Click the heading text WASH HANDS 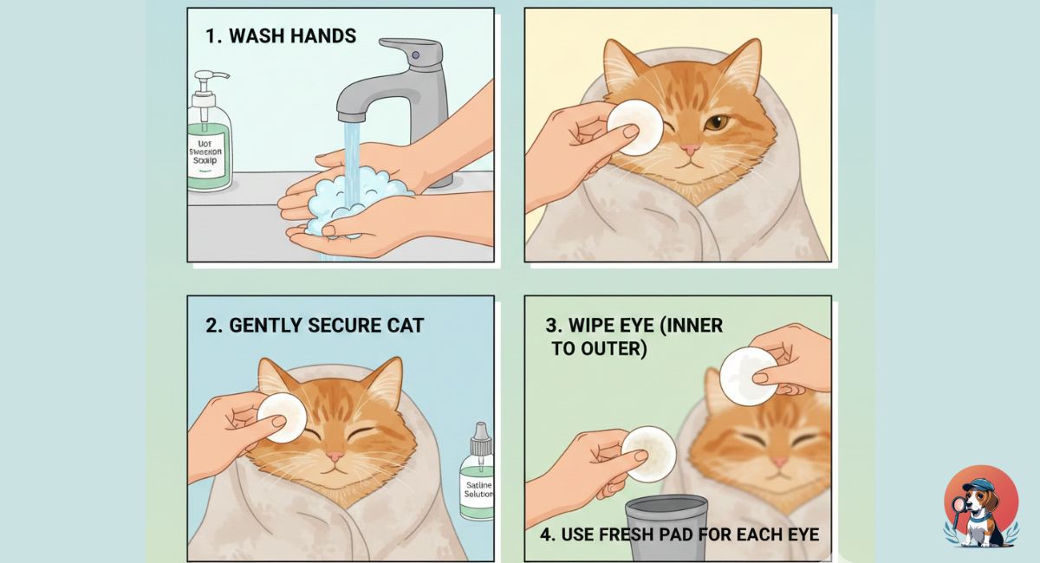click(x=280, y=36)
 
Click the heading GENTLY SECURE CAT click(x=315, y=325)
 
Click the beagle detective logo click(x=980, y=508)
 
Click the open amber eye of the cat click(x=715, y=124)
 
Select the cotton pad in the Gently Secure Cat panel click(x=282, y=417)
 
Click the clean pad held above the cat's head click(x=748, y=376)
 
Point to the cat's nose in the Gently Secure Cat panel click(x=334, y=456)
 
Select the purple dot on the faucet click(x=415, y=55)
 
